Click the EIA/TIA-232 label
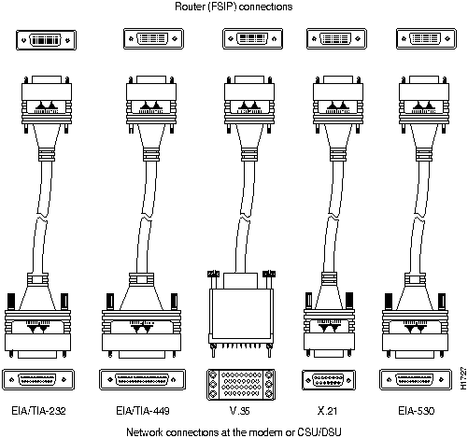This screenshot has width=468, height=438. [38, 411]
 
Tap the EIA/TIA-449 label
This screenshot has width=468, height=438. [143, 411]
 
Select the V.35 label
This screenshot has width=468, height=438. [240, 411]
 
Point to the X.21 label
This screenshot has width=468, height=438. [327, 411]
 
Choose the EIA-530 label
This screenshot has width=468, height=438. [417, 411]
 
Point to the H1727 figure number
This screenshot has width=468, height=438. [463, 378]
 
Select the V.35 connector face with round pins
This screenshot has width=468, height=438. [240, 385]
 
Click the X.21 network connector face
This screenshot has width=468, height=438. [328, 380]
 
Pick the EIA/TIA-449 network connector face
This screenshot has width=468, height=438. [142, 379]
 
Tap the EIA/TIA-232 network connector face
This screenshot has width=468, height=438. [38, 379]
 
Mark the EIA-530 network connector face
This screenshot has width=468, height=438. [416, 379]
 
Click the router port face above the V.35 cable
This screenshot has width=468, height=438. [252, 39]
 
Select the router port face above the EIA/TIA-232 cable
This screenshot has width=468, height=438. [46, 40]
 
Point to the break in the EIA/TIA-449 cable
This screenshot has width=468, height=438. [146, 218]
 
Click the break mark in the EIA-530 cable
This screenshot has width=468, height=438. [418, 216]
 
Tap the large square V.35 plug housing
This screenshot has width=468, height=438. [241, 315]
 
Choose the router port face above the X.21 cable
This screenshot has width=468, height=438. [336, 39]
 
